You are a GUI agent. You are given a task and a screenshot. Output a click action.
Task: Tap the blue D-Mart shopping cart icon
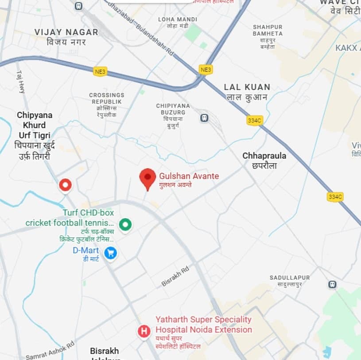(x=110, y=253)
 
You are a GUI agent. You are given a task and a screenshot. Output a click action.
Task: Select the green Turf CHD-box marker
(x=126, y=224)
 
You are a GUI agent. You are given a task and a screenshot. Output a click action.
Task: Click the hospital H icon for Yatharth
(x=144, y=331)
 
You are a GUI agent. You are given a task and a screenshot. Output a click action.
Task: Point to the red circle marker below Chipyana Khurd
(x=66, y=184)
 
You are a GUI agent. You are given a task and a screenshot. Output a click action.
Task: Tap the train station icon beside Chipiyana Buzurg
(x=204, y=118)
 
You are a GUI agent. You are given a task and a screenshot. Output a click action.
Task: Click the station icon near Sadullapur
(x=332, y=284)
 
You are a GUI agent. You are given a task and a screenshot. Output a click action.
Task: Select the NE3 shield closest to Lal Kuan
(x=206, y=70)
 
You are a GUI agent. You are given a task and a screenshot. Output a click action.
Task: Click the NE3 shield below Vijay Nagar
(x=100, y=71)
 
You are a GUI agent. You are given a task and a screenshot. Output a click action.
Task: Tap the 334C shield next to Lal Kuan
(x=254, y=121)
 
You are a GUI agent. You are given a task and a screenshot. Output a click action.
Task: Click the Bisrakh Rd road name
(x=175, y=275)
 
